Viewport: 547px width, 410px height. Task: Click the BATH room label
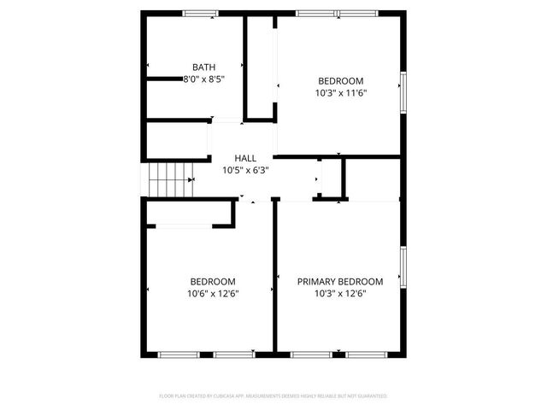(203, 67)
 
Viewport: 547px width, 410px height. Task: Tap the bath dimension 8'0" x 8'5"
(203, 79)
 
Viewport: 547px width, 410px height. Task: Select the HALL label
(245, 158)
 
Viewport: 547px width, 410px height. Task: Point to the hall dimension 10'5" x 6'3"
(245, 170)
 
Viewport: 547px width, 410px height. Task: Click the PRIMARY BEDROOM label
(339, 281)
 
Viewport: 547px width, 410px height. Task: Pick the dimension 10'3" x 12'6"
(339, 293)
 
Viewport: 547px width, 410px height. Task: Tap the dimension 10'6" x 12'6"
(213, 293)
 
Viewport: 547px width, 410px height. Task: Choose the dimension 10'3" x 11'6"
(340, 93)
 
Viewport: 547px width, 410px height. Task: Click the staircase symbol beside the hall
(168, 180)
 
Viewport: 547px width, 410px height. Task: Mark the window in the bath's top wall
(200, 13)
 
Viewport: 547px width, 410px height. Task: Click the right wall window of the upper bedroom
(401, 91)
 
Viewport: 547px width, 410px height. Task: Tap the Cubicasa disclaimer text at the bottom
(273, 396)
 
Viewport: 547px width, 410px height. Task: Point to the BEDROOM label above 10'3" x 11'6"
(340, 81)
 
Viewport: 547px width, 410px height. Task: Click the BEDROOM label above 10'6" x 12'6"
(213, 281)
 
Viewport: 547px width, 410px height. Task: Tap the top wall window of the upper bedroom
(337, 13)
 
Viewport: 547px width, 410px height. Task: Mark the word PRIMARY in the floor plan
(315, 281)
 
